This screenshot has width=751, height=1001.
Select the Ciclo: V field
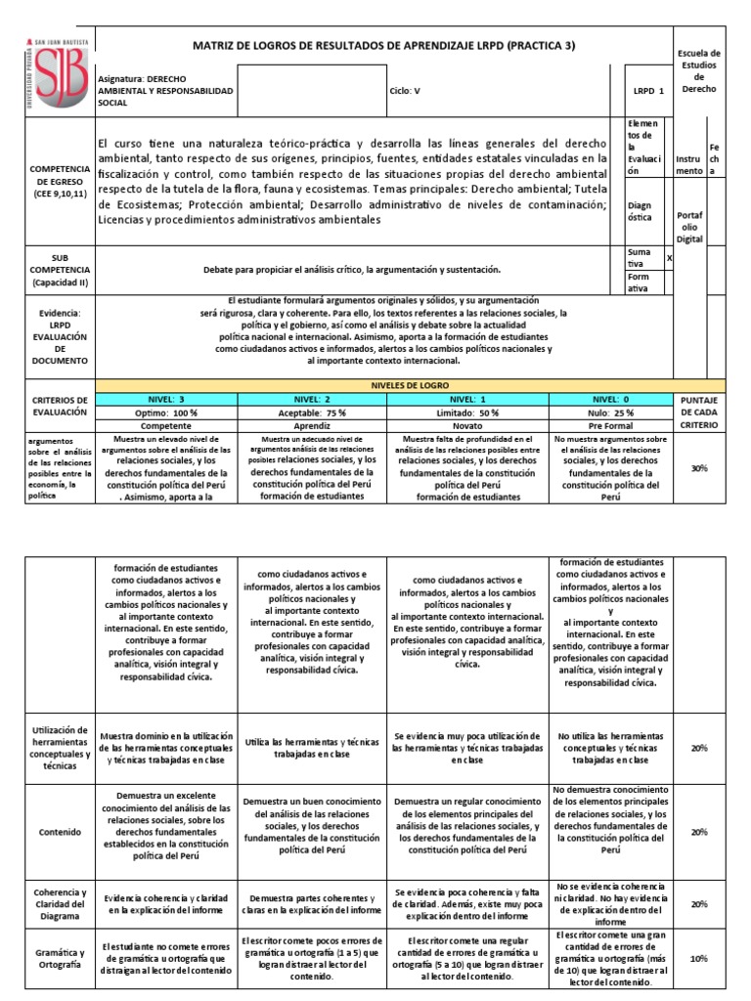[404, 90]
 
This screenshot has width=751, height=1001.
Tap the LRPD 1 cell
[647, 90]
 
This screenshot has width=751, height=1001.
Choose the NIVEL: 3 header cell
[167, 399]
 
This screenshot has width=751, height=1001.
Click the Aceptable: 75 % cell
[312, 413]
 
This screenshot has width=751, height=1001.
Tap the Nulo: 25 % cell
[612, 413]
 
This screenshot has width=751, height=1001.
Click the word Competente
[167, 426]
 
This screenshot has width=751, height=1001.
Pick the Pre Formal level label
[612, 426]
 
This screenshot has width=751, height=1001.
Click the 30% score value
[698, 468]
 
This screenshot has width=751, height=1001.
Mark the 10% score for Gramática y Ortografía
[698, 959]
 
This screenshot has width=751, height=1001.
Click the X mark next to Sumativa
[669, 258]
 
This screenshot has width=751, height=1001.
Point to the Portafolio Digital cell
[689, 226]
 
